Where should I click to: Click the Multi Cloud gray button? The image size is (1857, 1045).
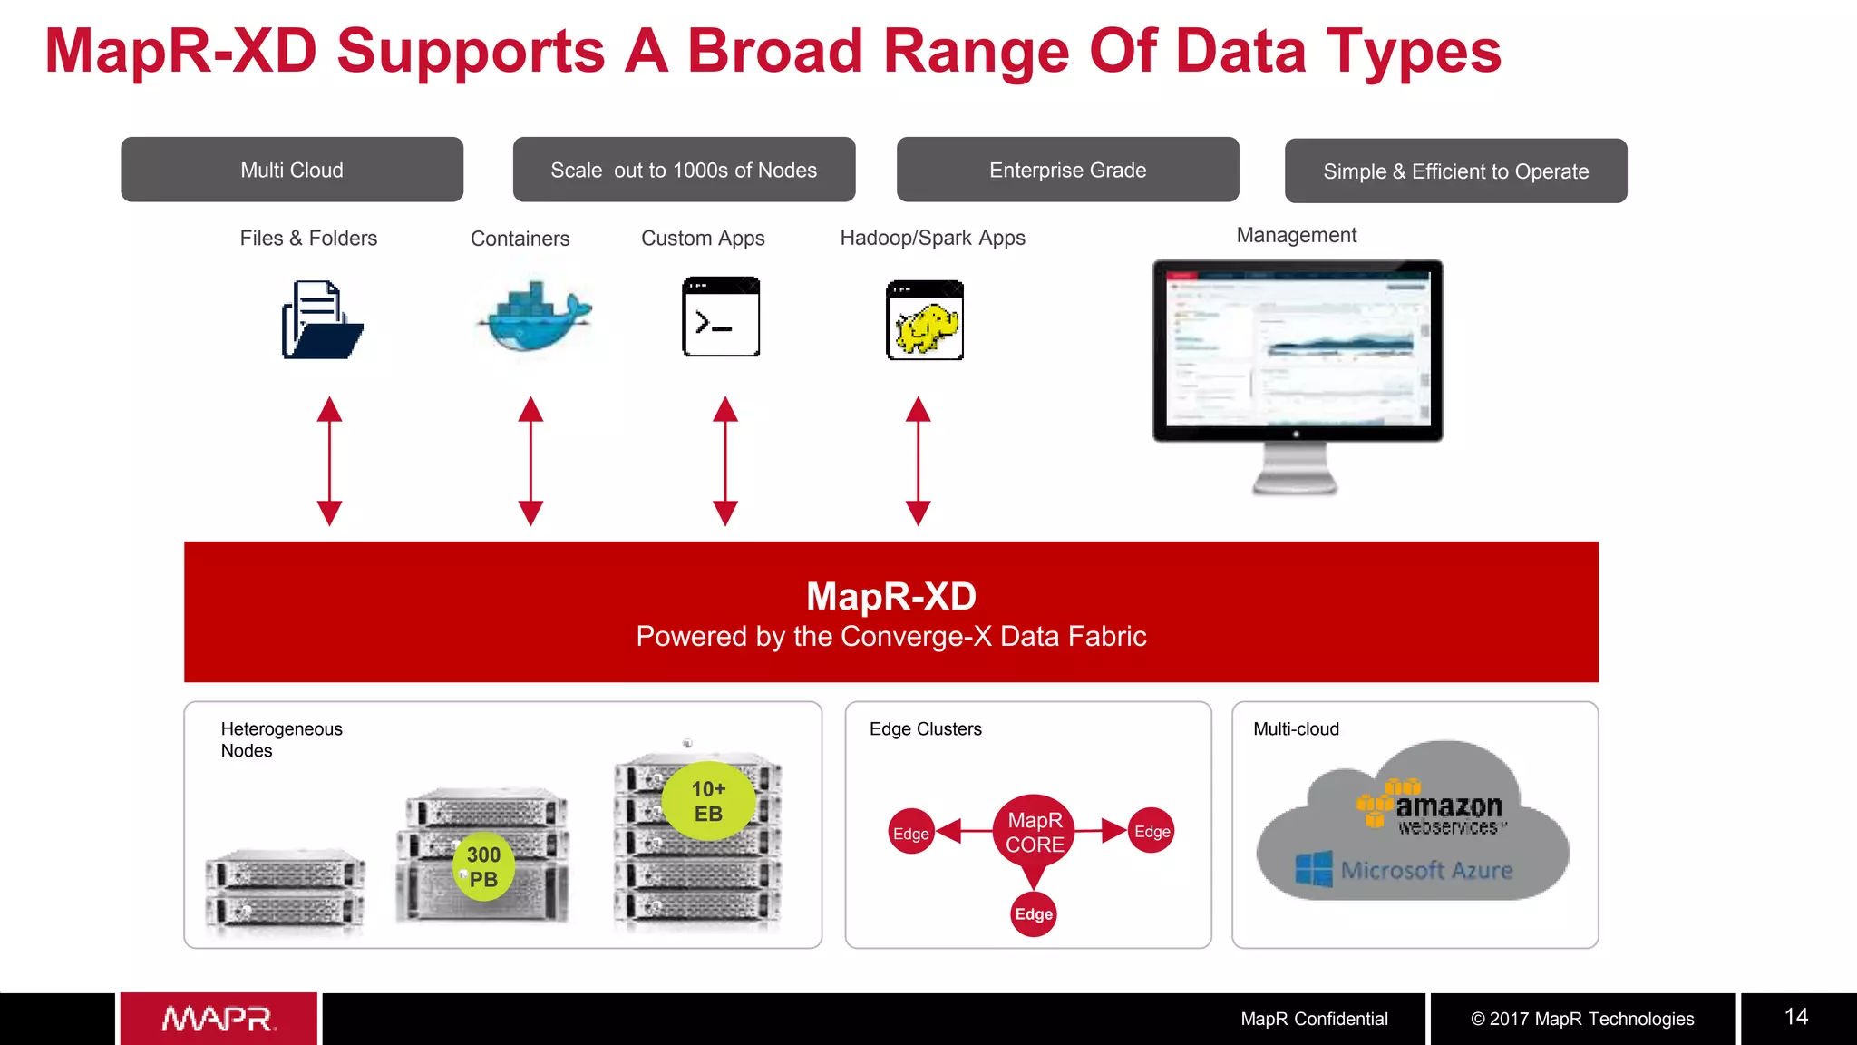pyautogui.click(x=292, y=170)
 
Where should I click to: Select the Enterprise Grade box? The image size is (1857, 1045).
pyautogui.click(x=1067, y=170)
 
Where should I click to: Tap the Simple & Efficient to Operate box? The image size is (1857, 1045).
pyautogui.click(x=1455, y=171)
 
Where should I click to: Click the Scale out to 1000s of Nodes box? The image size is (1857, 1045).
pyautogui.click(x=684, y=170)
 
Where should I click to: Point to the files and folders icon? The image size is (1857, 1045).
pyautogui.click(x=322, y=320)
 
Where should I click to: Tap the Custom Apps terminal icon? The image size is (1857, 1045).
pyautogui.click(x=721, y=317)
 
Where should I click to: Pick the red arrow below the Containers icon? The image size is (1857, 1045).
pyautogui.click(x=530, y=461)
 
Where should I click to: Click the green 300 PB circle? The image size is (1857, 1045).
pyautogui.click(x=483, y=866)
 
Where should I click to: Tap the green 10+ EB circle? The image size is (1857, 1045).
pyautogui.click(x=708, y=801)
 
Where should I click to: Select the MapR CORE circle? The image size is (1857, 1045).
pyautogui.click(x=1035, y=832)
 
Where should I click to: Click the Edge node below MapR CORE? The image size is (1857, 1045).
pyautogui.click(x=1034, y=914)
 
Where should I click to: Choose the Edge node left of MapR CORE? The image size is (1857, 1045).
pyautogui.click(x=911, y=833)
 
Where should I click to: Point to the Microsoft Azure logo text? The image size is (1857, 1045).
pyautogui.click(x=1425, y=870)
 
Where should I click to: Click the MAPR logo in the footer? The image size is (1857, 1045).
pyautogui.click(x=219, y=1019)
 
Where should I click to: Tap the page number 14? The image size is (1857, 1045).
pyautogui.click(x=1795, y=1017)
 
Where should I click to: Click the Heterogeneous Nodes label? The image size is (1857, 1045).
pyautogui.click(x=281, y=739)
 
